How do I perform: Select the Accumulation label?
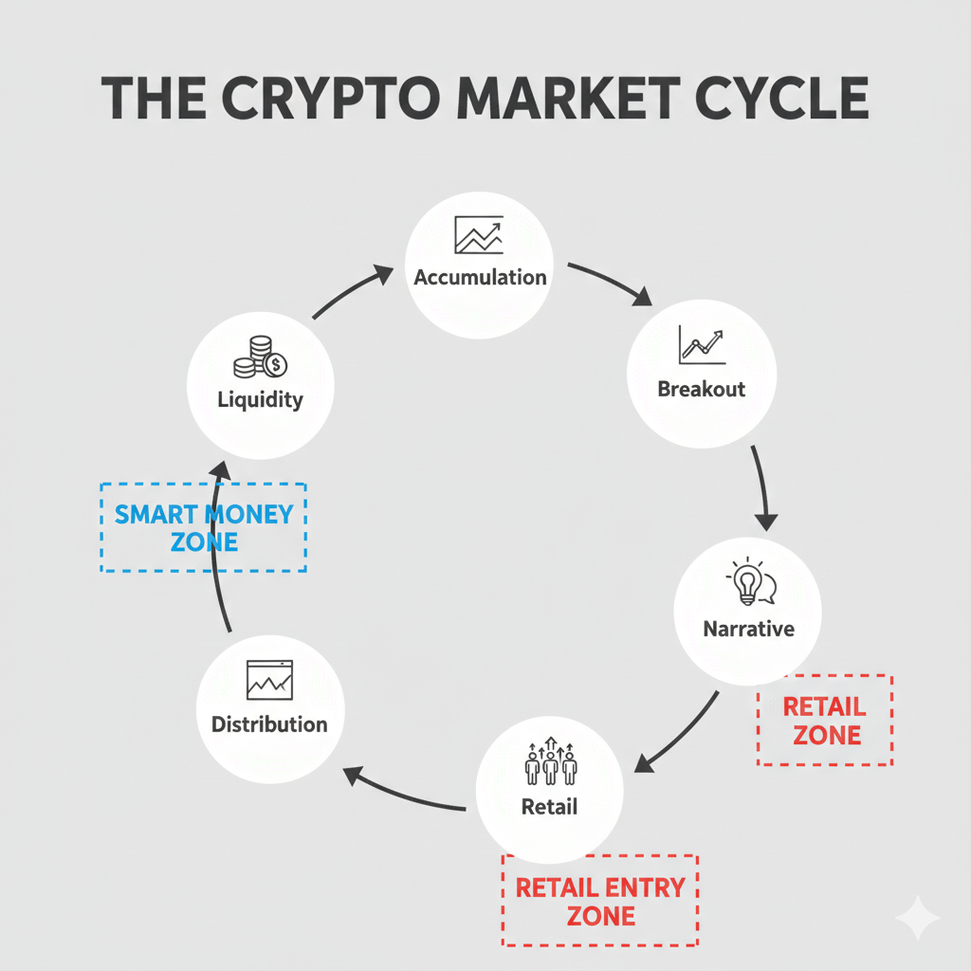[x=480, y=278]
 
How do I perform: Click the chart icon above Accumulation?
[x=479, y=235]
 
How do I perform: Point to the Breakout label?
[x=702, y=389]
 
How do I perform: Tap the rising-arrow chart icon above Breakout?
[x=701, y=346]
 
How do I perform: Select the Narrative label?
[x=749, y=629]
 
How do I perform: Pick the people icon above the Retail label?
[x=550, y=763]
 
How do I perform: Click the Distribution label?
[x=269, y=724]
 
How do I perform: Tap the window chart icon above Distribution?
[x=269, y=680]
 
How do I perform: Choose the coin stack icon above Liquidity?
[x=260, y=357]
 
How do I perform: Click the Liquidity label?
[x=260, y=399]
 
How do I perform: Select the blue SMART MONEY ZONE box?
[x=204, y=528]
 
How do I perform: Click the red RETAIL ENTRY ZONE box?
[x=600, y=901]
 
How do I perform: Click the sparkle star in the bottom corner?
[x=918, y=918]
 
